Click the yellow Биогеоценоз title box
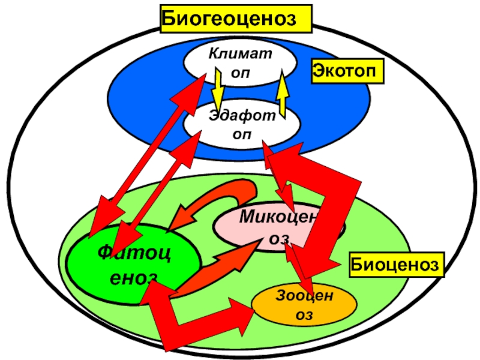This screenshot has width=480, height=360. tap(236, 19)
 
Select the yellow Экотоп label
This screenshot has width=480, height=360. tap(347, 72)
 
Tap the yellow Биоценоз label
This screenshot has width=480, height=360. tap(397, 264)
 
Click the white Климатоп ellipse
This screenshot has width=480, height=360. tap(240, 63)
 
